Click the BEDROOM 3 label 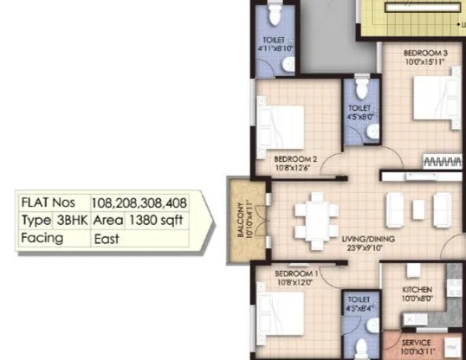click(425, 53)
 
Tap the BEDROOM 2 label click(296, 158)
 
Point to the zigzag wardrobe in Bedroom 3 click(442, 162)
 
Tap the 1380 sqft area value click(155, 220)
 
